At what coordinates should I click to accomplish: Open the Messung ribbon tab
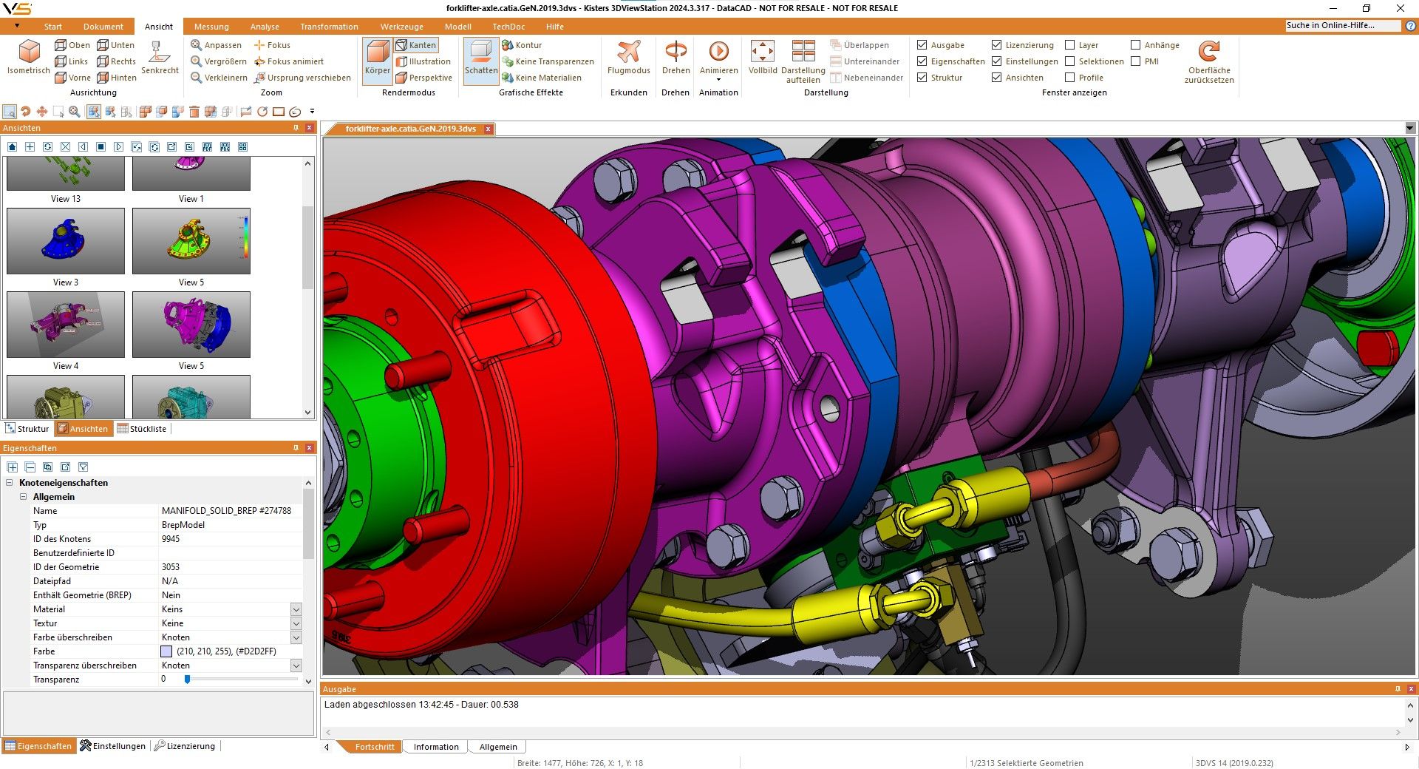click(x=211, y=27)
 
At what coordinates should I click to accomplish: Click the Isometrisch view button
click(x=29, y=57)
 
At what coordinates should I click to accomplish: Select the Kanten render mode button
click(x=416, y=45)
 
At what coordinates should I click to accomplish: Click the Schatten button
click(x=481, y=58)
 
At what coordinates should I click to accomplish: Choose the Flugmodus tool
click(x=629, y=58)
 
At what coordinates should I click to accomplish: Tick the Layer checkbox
click(x=1069, y=45)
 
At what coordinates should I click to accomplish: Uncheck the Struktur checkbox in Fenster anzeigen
click(x=922, y=78)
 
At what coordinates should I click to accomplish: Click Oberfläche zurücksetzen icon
click(x=1209, y=52)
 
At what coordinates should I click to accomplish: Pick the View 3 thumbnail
click(x=66, y=241)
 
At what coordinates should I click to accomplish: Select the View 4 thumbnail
click(x=66, y=325)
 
